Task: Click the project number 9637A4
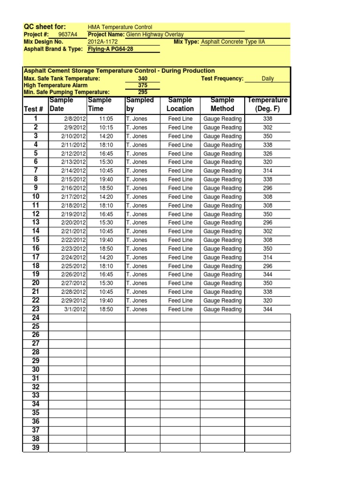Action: click(67, 35)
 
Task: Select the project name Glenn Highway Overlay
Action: click(155, 35)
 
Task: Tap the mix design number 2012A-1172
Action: click(99, 42)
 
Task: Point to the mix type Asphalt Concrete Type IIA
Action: click(232, 42)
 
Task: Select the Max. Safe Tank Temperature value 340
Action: click(142, 79)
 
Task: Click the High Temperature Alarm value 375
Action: click(142, 85)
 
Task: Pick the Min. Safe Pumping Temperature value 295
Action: click(142, 92)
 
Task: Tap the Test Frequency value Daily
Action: click(268, 79)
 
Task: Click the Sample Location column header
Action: click(180, 105)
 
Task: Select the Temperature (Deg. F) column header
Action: click(268, 105)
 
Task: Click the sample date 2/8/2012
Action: click(74, 119)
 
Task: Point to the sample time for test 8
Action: click(106, 180)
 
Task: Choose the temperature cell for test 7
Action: click(268, 171)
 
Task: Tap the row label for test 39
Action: click(36, 448)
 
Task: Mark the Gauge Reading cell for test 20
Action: click(222, 283)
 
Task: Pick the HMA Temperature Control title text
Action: click(120, 28)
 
